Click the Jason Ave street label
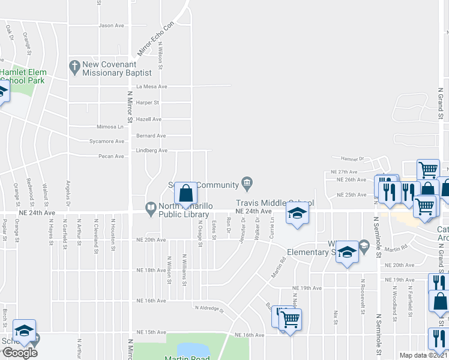111,25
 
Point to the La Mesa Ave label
151,86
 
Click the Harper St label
148,103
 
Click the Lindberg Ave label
151,151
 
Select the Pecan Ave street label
111,156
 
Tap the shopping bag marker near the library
186,193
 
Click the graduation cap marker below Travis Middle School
297,214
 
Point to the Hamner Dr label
352,159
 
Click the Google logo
20,353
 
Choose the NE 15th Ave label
151,332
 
